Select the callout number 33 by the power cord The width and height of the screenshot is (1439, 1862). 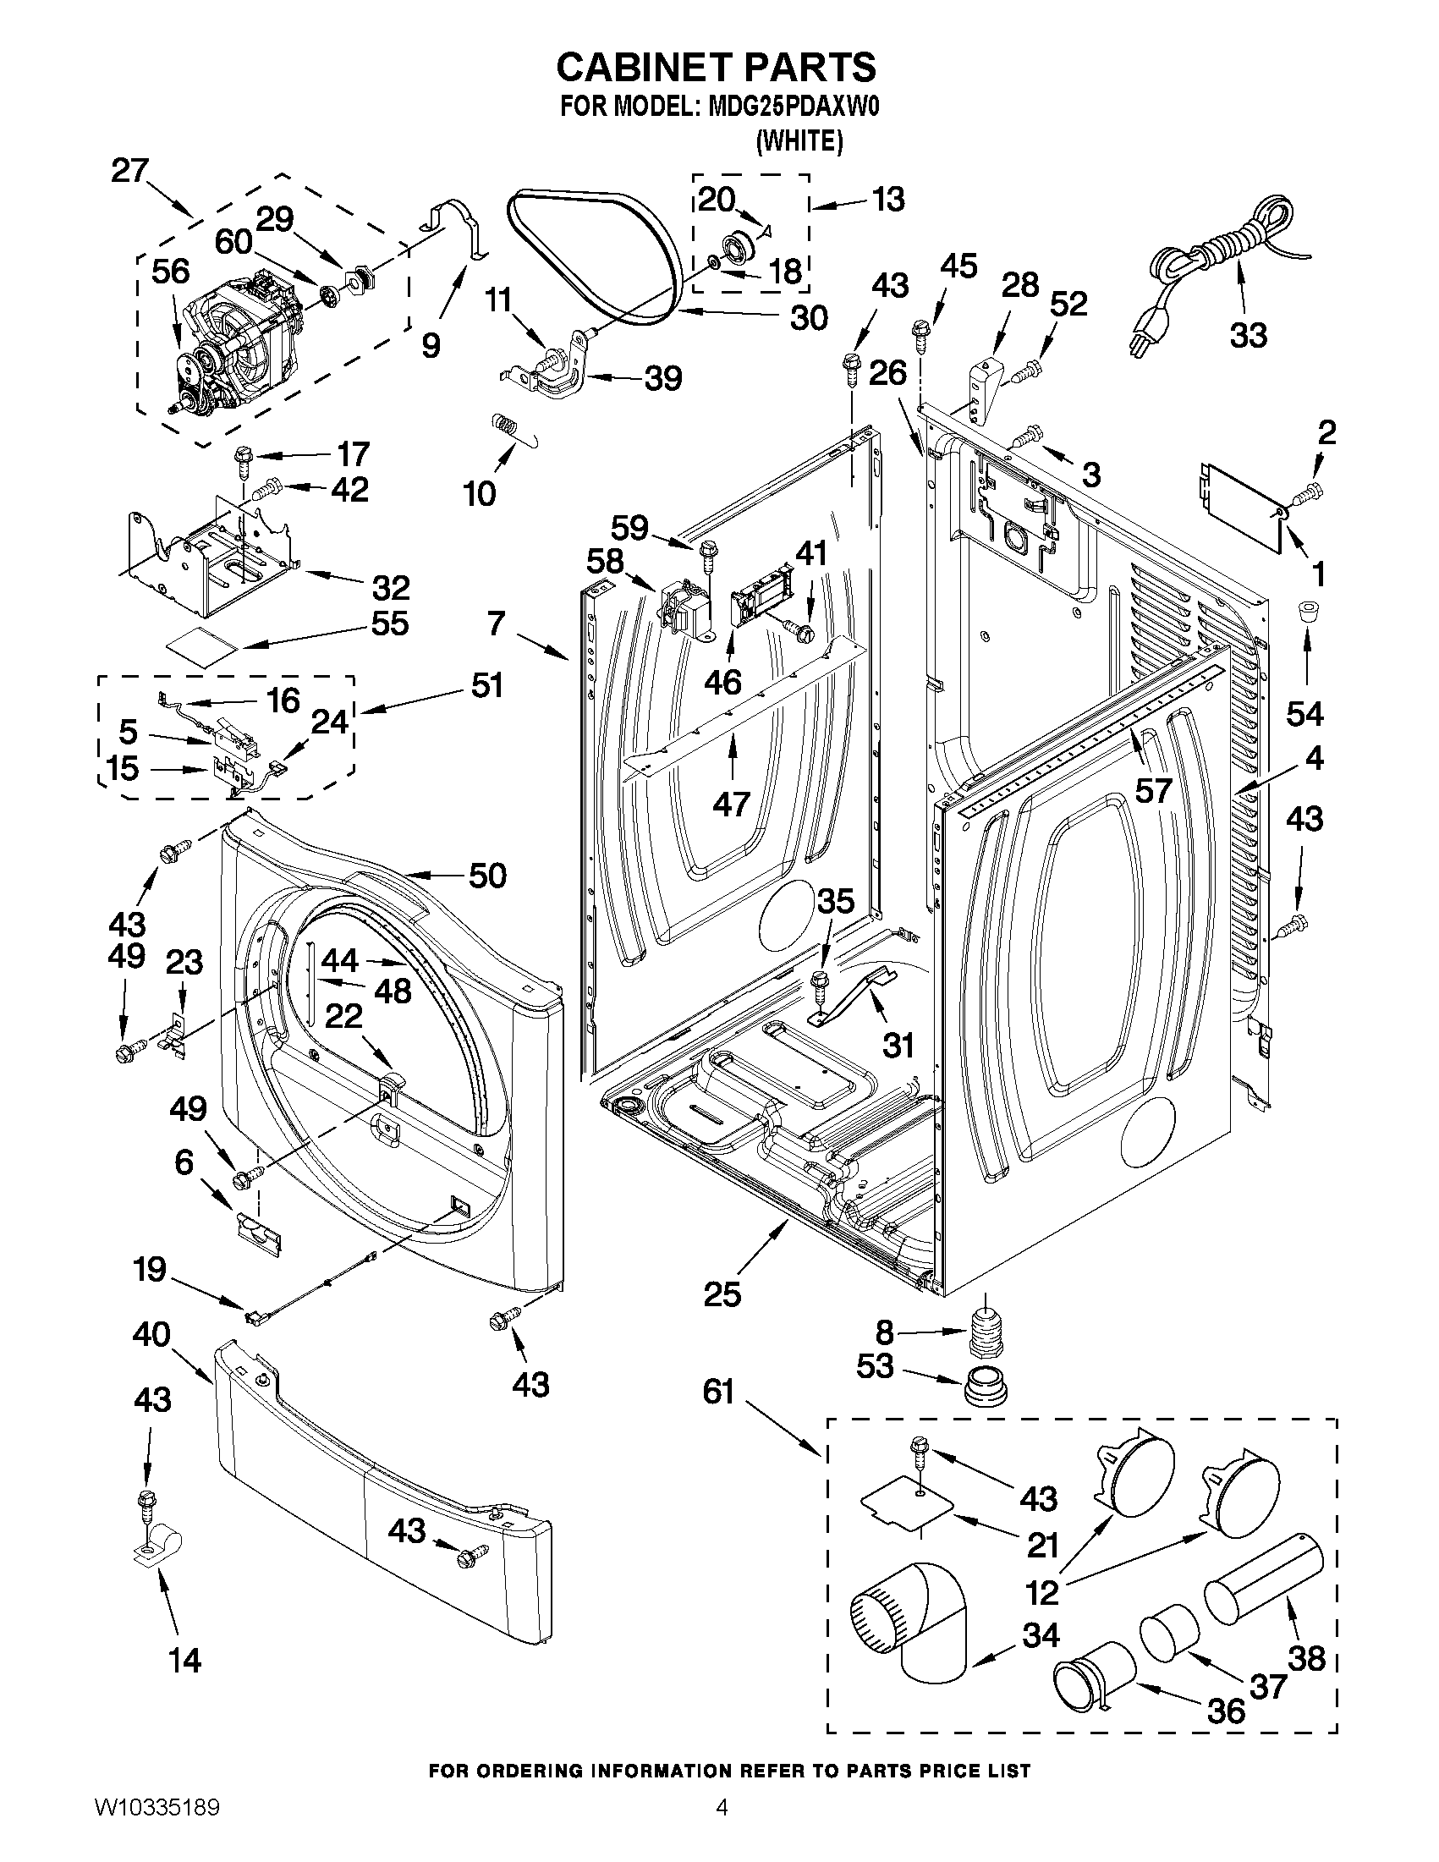[1248, 335]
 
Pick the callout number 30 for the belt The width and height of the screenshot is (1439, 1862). [808, 318]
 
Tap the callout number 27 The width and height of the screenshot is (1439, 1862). [129, 171]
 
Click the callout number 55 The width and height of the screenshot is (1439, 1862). [389, 623]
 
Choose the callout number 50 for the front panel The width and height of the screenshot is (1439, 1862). [487, 876]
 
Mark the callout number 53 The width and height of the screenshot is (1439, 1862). [875, 1365]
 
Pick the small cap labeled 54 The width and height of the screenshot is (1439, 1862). [1305, 612]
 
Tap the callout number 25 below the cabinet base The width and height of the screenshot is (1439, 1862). [722, 1294]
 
